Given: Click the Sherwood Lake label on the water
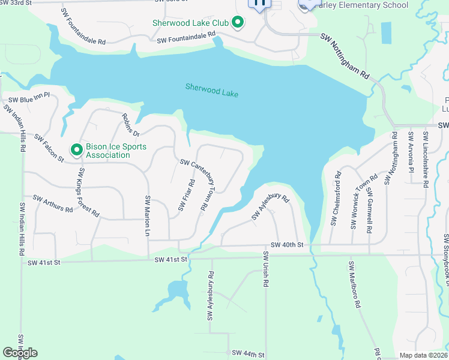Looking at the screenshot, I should [x=212, y=90].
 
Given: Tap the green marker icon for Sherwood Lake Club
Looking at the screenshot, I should [x=238, y=23].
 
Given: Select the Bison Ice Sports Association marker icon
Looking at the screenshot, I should [x=76, y=149].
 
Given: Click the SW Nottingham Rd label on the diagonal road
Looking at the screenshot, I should [x=345, y=56].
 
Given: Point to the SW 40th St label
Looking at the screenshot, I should [x=287, y=245].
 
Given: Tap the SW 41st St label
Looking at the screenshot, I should [x=171, y=259].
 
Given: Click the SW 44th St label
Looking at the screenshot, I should [x=247, y=355].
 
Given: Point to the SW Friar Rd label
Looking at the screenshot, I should [x=185, y=196].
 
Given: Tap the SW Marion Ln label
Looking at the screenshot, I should [x=146, y=215].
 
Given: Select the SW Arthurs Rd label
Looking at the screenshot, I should [x=53, y=203].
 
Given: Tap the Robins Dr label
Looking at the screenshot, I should [x=131, y=124].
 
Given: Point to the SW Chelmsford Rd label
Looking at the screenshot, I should [x=336, y=199].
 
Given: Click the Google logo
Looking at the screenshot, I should [x=20, y=352].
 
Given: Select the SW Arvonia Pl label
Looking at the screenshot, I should [x=411, y=152].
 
